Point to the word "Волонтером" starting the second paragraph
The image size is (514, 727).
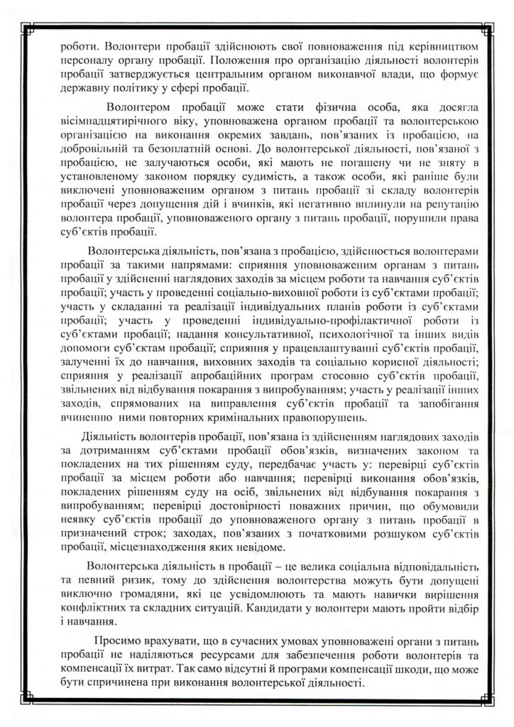click(x=140, y=108)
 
